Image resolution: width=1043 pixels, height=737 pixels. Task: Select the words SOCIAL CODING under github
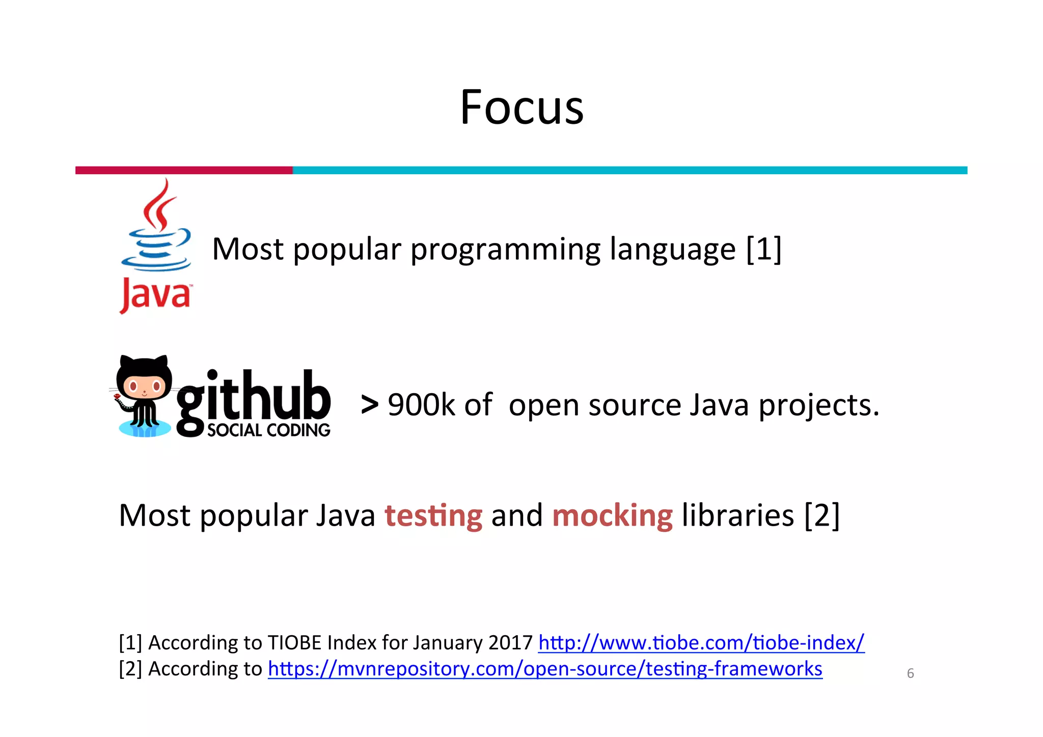[268, 430]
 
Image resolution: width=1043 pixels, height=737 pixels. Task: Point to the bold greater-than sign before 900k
[370, 405]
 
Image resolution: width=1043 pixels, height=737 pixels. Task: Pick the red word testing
[433, 515]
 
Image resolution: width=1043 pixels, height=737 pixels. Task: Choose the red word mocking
[612, 515]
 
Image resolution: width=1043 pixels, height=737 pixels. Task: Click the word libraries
[737, 515]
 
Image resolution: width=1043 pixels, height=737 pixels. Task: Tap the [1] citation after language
[763, 250]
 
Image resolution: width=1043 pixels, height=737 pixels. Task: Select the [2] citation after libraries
[821, 515]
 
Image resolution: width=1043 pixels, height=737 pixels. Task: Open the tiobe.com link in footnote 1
[701, 643]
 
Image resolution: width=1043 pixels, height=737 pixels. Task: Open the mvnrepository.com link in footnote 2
[545, 669]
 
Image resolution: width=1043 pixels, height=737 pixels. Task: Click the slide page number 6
[910, 673]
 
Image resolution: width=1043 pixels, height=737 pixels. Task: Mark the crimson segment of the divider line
[184, 170]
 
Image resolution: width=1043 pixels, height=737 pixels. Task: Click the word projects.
[818, 405]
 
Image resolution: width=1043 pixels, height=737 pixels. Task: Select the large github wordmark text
[254, 397]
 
